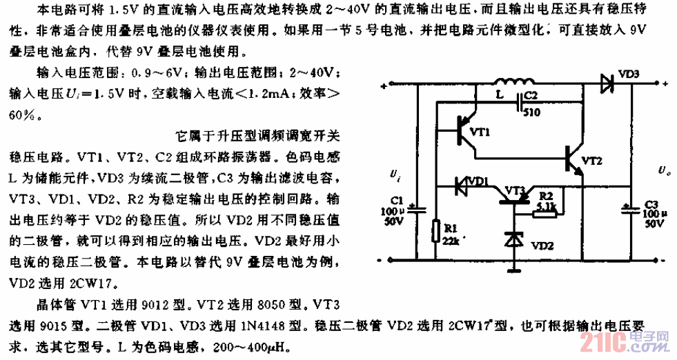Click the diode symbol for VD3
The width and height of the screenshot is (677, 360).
pyautogui.click(x=608, y=84)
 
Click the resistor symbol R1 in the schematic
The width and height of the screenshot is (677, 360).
pyautogui.click(x=435, y=231)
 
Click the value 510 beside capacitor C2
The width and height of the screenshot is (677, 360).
pyautogui.click(x=532, y=115)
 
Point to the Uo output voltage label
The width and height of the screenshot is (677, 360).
pyautogui.click(x=662, y=168)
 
